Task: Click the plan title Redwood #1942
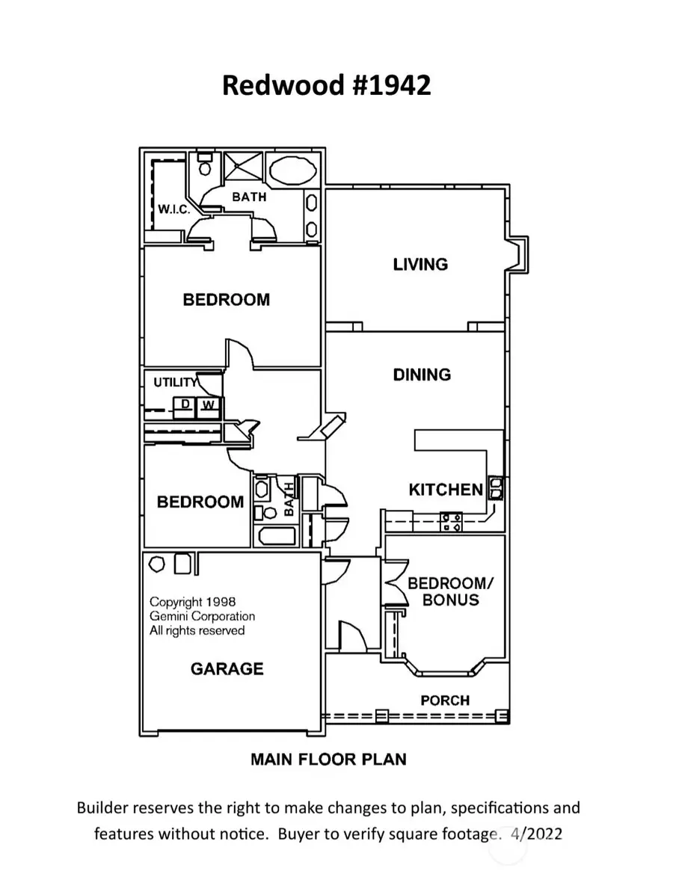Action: click(327, 85)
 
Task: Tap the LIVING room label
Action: click(420, 264)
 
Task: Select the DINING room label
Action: click(422, 375)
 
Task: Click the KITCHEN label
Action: click(446, 490)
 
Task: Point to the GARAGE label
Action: click(227, 668)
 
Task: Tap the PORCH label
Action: click(445, 701)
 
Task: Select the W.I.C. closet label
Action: click(173, 210)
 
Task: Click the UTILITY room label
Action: click(175, 382)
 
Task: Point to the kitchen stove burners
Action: click(451, 521)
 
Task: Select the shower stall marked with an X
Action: click(240, 171)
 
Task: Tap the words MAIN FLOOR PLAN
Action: click(328, 760)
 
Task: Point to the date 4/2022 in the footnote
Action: click(536, 832)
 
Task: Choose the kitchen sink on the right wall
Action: click(495, 489)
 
